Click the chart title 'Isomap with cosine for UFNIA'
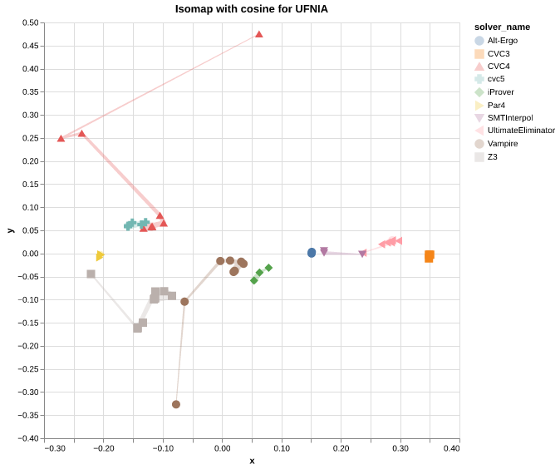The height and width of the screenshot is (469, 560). click(251, 9)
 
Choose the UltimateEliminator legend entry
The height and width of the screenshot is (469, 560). click(520, 131)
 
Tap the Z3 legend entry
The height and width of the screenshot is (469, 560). click(492, 156)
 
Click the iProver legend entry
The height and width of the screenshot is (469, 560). click(501, 91)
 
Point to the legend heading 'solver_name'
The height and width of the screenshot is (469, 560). click(502, 27)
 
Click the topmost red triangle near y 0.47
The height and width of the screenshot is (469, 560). click(259, 34)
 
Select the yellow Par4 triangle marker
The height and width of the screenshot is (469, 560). click(100, 256)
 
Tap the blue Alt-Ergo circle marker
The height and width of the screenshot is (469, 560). click(312, 253)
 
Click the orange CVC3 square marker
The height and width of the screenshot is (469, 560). click(429, 256)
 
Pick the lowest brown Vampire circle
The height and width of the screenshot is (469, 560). click(176, 404)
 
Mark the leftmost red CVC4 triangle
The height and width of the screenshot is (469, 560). click(61, 138)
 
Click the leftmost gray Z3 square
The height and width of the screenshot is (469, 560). click(91, 274)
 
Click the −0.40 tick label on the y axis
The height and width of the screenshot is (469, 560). click(28, 438)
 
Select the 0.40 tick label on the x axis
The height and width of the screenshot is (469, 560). click(451, 449)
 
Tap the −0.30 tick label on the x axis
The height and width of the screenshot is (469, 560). click(55, 449)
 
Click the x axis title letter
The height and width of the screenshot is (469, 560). click(252, 461)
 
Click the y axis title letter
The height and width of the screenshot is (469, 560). click(10, 230)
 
